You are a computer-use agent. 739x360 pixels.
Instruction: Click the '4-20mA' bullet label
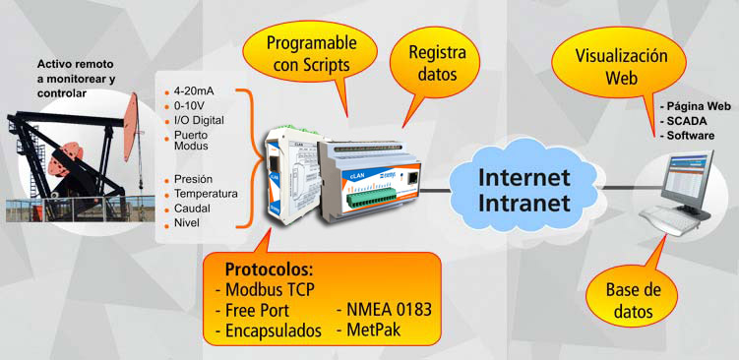pos(195,90)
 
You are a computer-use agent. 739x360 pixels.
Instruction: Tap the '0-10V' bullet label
pos(190,105)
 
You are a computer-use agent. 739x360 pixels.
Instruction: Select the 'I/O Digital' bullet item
pos(200,120)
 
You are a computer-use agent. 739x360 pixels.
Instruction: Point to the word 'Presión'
pos(193,180)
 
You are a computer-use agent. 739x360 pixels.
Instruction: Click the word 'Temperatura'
pos(206,195)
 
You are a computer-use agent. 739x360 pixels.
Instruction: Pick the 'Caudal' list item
pos(193,210)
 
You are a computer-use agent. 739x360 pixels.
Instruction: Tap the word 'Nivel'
pos(187,224)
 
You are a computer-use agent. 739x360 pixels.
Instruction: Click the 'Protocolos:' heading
pos(268,269)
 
